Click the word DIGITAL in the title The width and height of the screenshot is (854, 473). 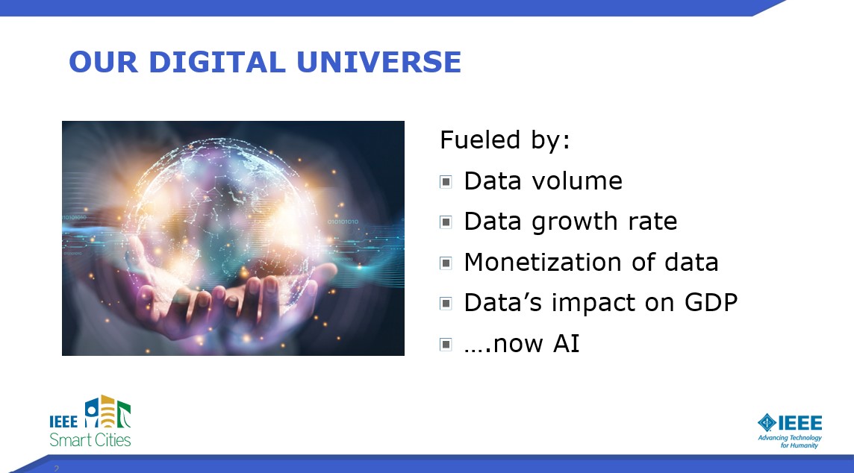[x=216, y=61]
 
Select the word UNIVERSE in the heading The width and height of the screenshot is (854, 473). [x=379, y=61]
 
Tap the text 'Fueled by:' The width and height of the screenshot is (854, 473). [x=505, y=140]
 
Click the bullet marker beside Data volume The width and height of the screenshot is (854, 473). [x=446, y=182]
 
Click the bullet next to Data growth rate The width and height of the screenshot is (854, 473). [x=446, y=222]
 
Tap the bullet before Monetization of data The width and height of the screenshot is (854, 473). [x=446, y=263]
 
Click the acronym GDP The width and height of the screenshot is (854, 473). [x=711, y=303]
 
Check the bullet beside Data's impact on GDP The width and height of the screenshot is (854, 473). [x=446, y=303]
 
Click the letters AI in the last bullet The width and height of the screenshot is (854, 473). [x=567, y=343]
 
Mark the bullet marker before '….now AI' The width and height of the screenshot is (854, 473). [x=446, y=344]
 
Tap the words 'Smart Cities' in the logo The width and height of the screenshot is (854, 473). [x=90, y=439]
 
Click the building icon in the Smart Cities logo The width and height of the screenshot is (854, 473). [x=107, y=411]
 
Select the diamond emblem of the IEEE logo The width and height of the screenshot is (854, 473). [x=767, y=422]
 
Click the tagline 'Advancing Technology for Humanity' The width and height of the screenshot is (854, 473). [x=790, y=442]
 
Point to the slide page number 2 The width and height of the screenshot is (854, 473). [x=56, y=468]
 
